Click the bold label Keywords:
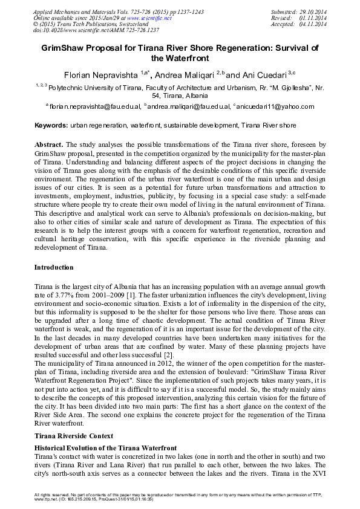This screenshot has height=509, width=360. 51,126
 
